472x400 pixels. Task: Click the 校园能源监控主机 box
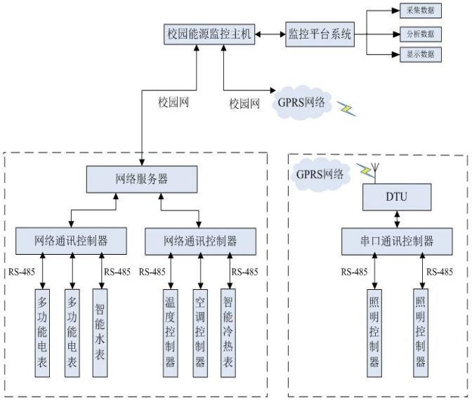pyautogui.click(x=208, y=33)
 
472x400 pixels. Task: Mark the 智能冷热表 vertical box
pyautogui.click(x=229, y=329)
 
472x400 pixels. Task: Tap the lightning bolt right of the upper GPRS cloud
pyautogui.click(x=346, y=107)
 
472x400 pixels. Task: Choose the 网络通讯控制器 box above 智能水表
pyautogui.click(x=71, y=241)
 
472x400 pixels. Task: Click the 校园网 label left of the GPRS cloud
pyautogui.click(x=244, y=103)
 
